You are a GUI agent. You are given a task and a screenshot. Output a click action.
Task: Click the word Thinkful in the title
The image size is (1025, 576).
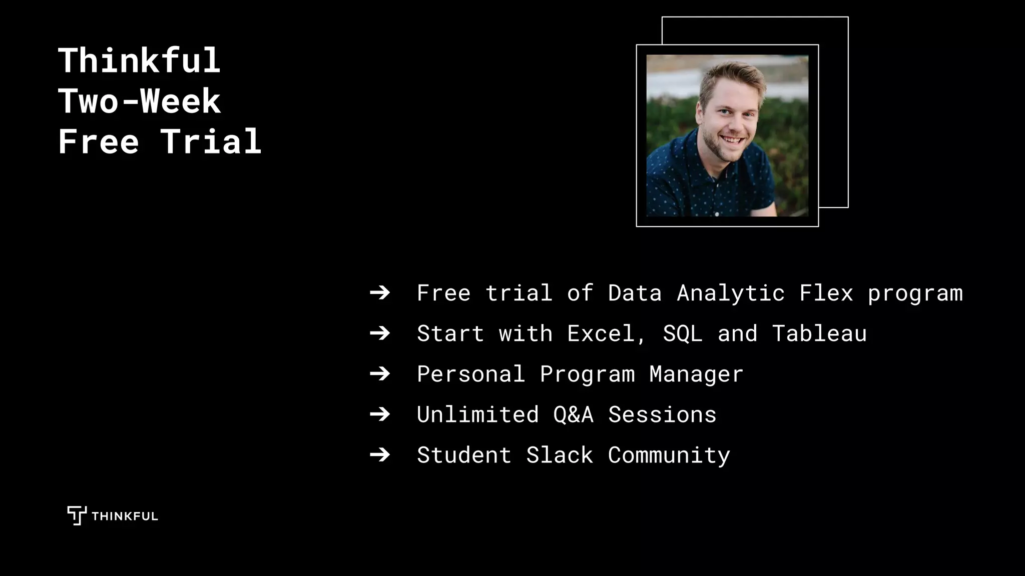(x=139, y=61)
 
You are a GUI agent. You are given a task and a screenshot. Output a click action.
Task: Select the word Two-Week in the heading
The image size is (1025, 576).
(x=139, y=101)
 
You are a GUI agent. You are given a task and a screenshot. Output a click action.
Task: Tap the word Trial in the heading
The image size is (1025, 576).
(x=211, y=141)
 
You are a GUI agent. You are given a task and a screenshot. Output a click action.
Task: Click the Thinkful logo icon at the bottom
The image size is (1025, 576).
(x=77, y=515)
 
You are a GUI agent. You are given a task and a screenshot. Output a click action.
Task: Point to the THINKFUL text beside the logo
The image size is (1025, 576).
(x=125, y=516)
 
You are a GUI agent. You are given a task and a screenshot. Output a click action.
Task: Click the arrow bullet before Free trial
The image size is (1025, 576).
(x=380, y=293)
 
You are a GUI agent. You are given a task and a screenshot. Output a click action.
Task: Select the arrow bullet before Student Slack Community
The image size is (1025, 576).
(x=380, y=455)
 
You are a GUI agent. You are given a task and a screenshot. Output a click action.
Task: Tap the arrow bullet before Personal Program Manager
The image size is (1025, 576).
(x=380, y=374)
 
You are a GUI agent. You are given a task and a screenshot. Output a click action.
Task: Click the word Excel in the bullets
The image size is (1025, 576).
(x=601, y=333)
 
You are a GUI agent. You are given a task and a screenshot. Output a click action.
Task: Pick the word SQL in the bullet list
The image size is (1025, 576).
(x=682, y=333)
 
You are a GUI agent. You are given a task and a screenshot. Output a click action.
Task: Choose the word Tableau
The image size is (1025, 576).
(x=819, y=333)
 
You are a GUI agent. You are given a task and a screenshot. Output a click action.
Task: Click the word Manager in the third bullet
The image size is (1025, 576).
(x=696, y=374)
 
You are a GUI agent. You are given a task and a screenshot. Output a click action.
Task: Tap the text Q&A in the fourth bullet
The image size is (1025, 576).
(x=573, y=414)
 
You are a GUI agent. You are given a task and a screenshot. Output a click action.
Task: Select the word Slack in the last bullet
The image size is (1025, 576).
(x=560, y=455)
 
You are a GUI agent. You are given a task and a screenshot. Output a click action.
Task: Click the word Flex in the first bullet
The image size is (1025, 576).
(x=826, y=293)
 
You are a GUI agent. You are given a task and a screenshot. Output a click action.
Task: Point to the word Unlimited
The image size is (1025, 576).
(x=477, y=414)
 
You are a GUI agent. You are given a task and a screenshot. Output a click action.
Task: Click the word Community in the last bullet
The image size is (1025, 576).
(x=669, y=455)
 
